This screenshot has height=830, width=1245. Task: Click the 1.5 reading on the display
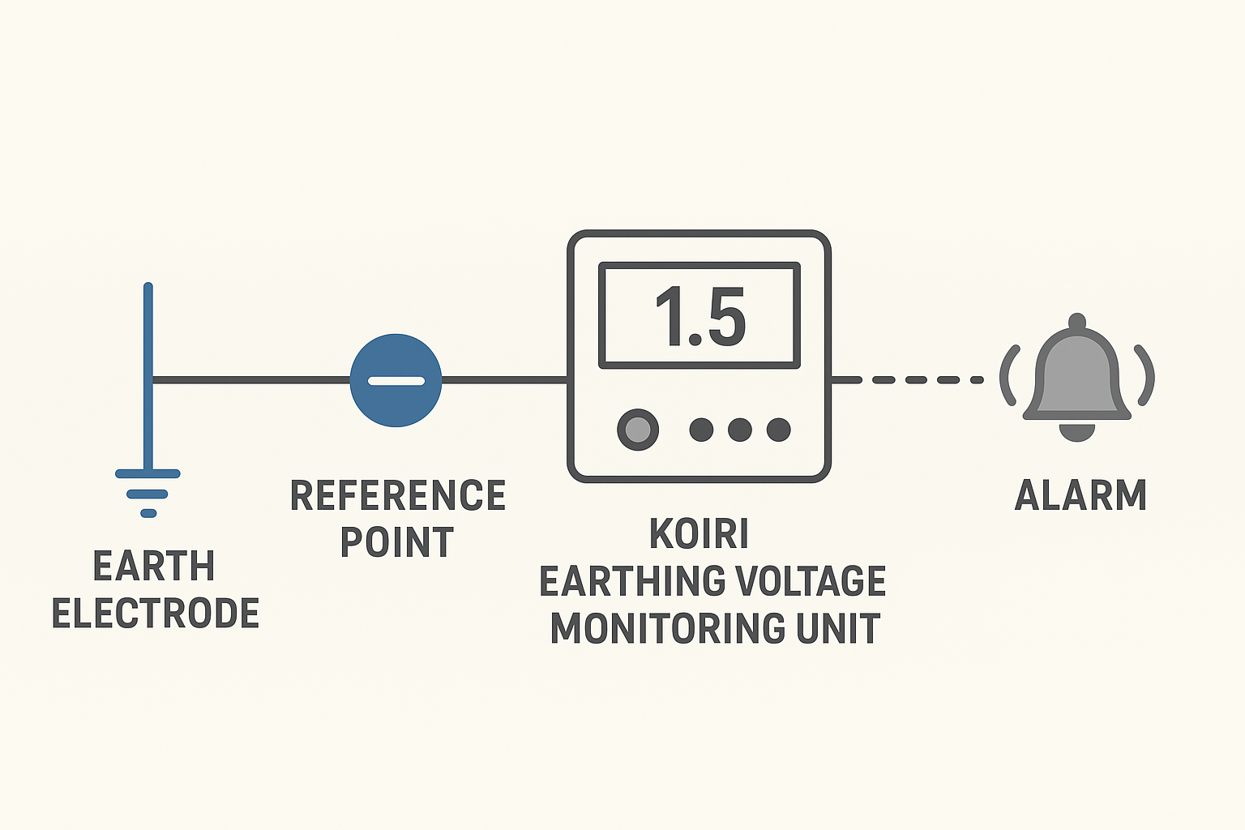700,317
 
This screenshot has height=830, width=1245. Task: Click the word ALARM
1080,495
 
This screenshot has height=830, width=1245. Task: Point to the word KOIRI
699,534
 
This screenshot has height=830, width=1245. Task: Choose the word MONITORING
667,629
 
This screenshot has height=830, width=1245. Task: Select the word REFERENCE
398,495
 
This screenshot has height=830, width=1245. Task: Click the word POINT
396,542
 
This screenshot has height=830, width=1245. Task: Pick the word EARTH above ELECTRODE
154,566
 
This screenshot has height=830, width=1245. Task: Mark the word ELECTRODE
155,613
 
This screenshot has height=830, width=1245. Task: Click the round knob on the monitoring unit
638,430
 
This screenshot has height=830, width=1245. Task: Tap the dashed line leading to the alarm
916,379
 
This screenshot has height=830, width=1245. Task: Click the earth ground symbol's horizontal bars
148,492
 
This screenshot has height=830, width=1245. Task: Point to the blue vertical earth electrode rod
148,340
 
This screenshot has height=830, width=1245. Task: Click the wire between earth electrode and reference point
251,379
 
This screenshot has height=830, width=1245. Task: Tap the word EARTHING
622,581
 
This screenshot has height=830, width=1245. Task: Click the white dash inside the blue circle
396,381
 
